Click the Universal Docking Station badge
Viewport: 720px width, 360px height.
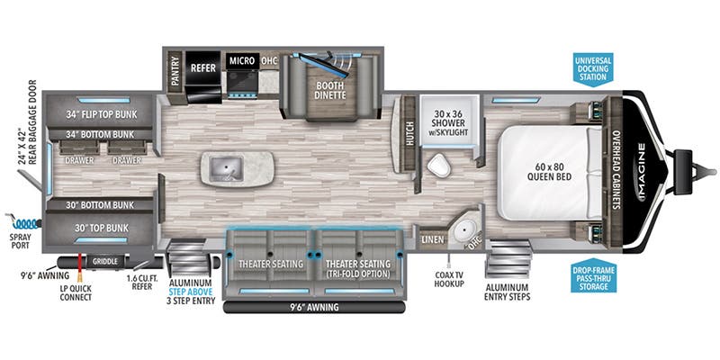pos(598,69)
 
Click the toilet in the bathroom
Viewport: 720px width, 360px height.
pos(438,165)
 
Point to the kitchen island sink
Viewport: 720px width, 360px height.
pos(222,166)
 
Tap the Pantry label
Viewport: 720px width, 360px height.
pos(175,69)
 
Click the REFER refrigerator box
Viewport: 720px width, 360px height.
pos(203,65)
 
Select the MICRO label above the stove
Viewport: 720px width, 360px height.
pos(241,61)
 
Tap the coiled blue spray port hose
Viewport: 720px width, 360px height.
pos(25,222)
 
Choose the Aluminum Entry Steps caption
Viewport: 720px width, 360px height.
pos(508,291)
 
